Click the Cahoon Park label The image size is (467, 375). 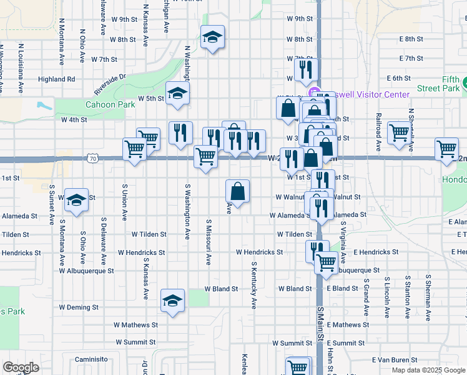point(110,104)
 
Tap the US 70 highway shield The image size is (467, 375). point(93,159)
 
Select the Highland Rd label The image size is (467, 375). point(56,79)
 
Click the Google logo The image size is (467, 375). point(21,367)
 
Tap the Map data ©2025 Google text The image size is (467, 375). point(428,370)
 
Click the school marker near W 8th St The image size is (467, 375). point(212,37)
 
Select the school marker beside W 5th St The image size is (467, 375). point(178,94)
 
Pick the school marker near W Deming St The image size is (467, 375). point(172,301)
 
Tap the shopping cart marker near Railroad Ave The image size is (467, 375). point(398,132)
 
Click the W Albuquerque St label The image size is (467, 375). point(87,271)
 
